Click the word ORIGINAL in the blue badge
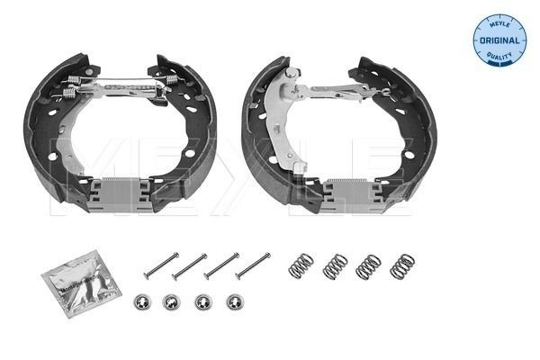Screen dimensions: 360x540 coord(499,41)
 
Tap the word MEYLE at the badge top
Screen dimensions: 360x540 coord(499,25)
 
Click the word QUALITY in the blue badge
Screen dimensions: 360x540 coord(499,57)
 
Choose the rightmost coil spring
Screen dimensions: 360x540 coord(401,265)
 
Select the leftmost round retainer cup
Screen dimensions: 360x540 coord(140,302)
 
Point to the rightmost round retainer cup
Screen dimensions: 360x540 coord(234,302)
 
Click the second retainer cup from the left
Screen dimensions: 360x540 coord(171,302)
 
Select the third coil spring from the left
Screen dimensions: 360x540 coord(368,265)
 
